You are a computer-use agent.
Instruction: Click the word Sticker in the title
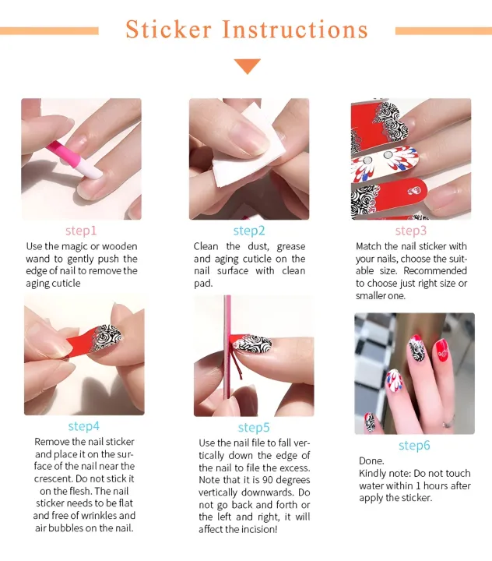(168, 30)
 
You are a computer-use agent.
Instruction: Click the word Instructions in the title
(295, 30)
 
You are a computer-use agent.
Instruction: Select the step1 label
(81, 231)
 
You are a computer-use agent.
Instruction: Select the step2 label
(249, 231)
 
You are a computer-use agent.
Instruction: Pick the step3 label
(410, 231)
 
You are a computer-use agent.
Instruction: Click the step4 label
(83, 426)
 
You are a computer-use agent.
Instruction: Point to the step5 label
(254, 428)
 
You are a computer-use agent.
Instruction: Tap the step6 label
(414, 446)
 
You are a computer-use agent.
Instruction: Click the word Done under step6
(371, 461)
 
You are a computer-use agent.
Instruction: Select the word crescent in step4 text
(54, 479)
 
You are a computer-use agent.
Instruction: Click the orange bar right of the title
(443, 31)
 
